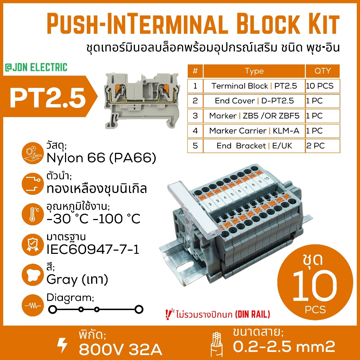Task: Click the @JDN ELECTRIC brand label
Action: click(36, 67)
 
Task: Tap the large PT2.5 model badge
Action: click(48, 98)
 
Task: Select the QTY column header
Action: click(323, 71)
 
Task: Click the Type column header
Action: click(254, 71)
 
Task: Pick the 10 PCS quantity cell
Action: click(323, 86)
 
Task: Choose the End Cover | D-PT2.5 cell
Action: click(254, 101)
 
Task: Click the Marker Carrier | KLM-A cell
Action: click(254, 131)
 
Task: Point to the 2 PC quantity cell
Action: click(323, 146)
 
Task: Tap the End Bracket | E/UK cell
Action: click(254, 146)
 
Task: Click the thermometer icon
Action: click(33, 214)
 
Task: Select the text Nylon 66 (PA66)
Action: click(101, 158)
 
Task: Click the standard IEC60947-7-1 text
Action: click(93, 249)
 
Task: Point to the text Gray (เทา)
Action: click(77, 279)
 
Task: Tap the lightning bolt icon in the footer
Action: click(62, 345)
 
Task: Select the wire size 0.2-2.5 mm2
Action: click(284, 346)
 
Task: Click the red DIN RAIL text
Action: click(252, 314)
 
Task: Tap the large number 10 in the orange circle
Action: click(315, 286)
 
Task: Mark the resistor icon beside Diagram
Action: click(33, 306)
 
